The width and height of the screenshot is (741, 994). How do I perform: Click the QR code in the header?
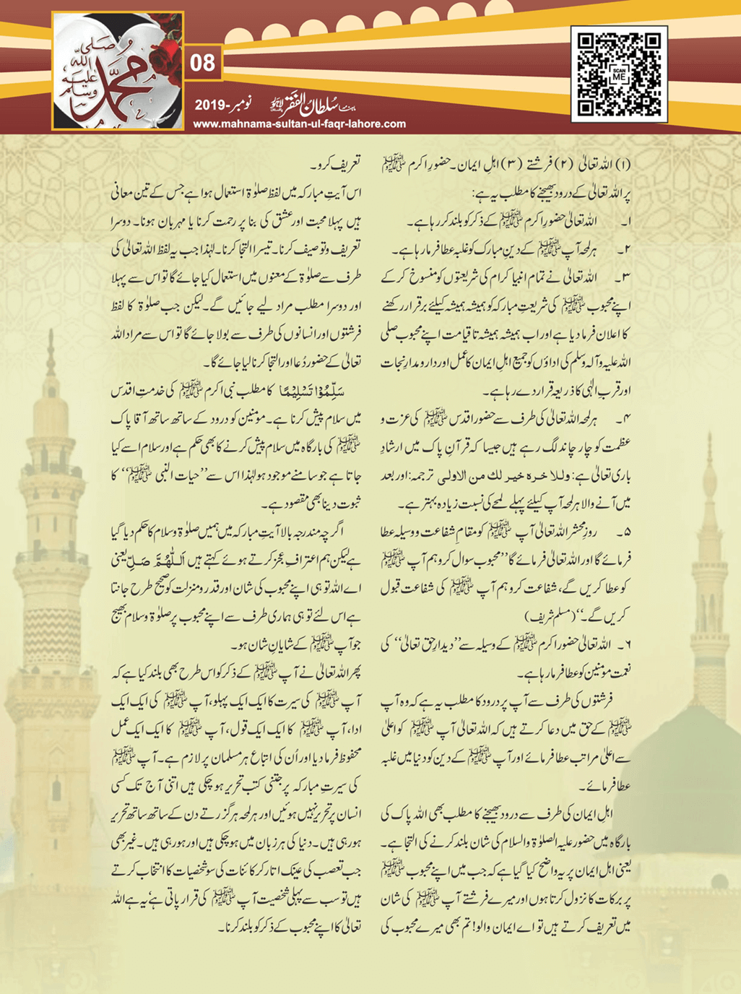click(x=619, y=73)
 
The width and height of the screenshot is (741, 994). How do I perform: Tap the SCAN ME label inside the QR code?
click(x=619, y=74)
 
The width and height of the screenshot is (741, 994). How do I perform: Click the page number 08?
click(x=203, y=64)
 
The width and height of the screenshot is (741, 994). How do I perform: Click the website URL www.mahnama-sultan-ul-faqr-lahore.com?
click(x=299, y=124)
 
